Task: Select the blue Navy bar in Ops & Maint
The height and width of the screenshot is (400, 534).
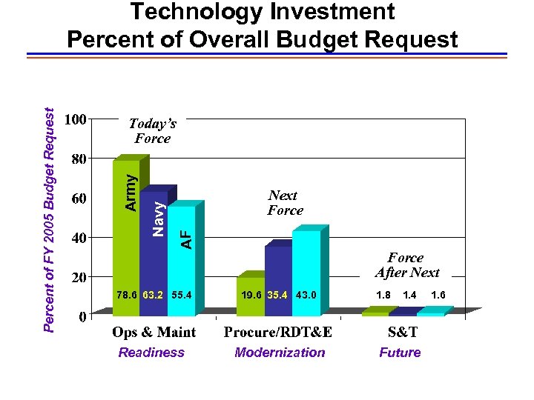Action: (x=154, y=252)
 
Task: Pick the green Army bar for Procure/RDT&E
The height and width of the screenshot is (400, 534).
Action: (x=249, y=296)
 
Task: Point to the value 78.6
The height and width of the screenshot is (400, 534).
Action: (x=126, y=295)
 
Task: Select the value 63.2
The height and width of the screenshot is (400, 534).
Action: (x=154, y=295)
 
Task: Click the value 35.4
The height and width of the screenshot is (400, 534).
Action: (x=278, y=295)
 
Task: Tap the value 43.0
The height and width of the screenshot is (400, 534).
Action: (x=306, y=295)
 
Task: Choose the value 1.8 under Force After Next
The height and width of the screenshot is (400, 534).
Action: (x=383, y=295)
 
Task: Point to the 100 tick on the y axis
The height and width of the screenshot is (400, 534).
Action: (x=76, y=119)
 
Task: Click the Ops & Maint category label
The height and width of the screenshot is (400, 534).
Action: (x=154, y=332)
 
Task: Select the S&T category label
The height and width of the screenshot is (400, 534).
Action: (x=403, y=332)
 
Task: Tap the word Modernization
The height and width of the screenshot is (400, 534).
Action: (x=280, y=353)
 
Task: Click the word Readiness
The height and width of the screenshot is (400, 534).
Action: (x=151, y=353)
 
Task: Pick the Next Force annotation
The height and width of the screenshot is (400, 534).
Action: (x=286, y=202)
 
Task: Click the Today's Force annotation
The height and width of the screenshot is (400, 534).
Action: (x=152, y=130)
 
